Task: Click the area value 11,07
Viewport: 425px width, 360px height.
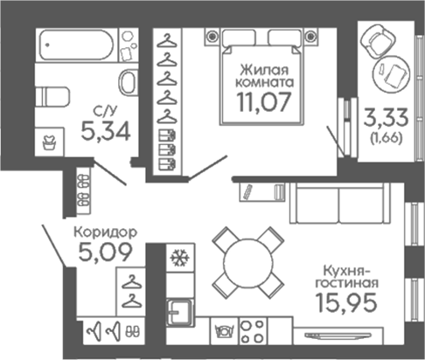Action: coord(264,102)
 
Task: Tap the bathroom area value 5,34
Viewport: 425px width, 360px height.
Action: coord(106,131)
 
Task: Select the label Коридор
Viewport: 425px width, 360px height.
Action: coord(105,232)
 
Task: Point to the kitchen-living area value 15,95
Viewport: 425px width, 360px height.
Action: coord(346,302)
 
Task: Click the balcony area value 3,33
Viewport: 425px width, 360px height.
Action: coord(386,118)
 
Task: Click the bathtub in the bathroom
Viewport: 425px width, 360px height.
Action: coord(76,45)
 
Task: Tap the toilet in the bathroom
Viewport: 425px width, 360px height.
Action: coord(52,97)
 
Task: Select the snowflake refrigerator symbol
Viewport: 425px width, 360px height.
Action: coord(180,258)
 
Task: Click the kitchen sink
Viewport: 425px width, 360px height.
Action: coord(180,313)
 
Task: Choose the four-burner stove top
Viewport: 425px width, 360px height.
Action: coord(253,331)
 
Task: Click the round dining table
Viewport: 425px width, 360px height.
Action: coord(248,262)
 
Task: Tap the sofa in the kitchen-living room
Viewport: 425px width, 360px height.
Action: coord(339,204)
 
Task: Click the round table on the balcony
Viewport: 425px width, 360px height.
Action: coord(392,73)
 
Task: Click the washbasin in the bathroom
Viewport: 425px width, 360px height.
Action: coord(129,82)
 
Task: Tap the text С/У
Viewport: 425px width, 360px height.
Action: coord(105,111)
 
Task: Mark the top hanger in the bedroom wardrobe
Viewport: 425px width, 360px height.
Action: coord(167,41)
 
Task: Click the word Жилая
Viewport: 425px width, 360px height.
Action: coord(264,70)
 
